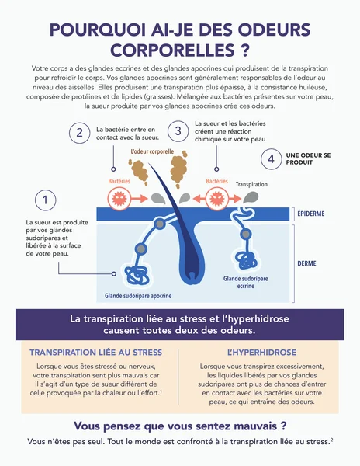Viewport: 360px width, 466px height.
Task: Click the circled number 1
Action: (x=46, y=200)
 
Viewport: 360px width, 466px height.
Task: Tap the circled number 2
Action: (x=80, y=133)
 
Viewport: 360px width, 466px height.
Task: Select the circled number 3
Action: (x=178, y=131)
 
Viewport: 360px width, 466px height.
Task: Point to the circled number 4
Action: (x=272, y=159)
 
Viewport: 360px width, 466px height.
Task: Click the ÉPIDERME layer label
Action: (x=311, y=214)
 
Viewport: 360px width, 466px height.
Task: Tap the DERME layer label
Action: (x=307, y=263)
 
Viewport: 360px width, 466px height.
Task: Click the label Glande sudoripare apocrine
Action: (x=138, y=296)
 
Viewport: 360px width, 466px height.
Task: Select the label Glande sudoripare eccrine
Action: (x=246, y=282)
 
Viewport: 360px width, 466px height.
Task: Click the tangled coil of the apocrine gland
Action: (x=137, y=275)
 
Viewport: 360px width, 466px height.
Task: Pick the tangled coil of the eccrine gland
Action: (x=246, y=260)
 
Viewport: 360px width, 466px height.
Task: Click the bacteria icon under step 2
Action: (x=119, y=198)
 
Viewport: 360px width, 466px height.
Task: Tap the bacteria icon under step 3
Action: (x=217, y=198)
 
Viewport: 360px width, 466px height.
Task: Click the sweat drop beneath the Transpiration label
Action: (x=251, y=197)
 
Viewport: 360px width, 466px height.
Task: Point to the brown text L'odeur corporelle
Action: (x=152, y=151)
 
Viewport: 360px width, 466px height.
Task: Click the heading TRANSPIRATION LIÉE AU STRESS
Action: (x=95, y=353)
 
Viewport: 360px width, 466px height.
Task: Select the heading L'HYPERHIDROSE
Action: (x=261, y=353)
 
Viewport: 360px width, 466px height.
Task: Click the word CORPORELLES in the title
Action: (x=173, y=50)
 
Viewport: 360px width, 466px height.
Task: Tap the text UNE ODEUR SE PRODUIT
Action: (x=308, y=158)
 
